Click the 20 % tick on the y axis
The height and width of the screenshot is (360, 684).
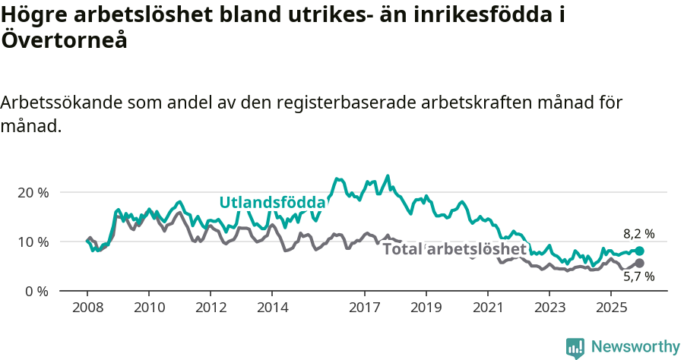click(x=33, y=192)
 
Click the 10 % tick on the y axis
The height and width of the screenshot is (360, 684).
click(x=33, y=242)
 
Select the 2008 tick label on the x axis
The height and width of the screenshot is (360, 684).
click(x=87, y=308)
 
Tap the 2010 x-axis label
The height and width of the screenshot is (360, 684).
click(x=149, y=308)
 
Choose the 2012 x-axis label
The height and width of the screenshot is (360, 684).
click(x=211, y=308)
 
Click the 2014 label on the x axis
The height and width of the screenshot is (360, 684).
click(x=273, y=308)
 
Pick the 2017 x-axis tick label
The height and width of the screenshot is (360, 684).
click(x=365, y=308)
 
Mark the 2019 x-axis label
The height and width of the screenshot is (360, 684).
click(x=426, y=308)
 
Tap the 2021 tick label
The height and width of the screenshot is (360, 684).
click(x=488, y=308)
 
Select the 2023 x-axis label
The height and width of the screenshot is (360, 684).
click(x=549, y=308)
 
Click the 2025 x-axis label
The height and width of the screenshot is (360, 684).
click(x=611, y=308)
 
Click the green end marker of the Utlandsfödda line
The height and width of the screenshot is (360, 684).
click(x=639, y=251)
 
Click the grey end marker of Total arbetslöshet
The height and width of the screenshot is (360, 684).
click(x=639, y=263)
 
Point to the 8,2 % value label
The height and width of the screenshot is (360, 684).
click(x=638, y=234)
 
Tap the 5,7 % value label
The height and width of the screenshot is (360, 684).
click(x=638, y=278)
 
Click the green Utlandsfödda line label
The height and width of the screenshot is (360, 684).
click(x=272, y=202)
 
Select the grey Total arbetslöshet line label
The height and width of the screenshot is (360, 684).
click(x=454, y=249)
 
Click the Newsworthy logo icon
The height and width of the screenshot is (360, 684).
click(x=575, y=347)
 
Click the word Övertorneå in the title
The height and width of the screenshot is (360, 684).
click(x=64, y=40)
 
